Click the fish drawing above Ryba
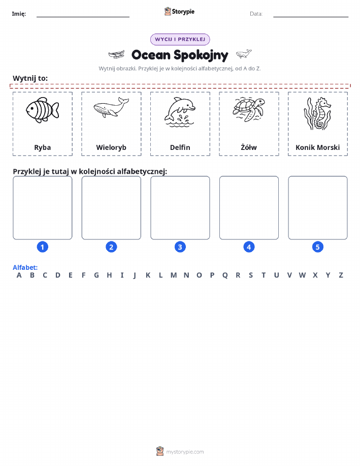click(x=43, y=110)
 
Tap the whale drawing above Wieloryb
click(x=111, y=107)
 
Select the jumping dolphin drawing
click(x=180, y=112)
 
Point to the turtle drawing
click(x=249, y=109)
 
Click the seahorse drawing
click(x=317, y=113)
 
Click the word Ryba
click(x=43, y=147)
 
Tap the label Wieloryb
click(x=111, y=147)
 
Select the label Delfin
click(x=180, y=147)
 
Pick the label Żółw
click(x=249, y=147)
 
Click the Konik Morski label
click(x=317, y=147)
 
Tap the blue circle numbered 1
click(x=43, y=247)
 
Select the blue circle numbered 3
click(x=180, y=247)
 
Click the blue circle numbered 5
click(x=317, y=247)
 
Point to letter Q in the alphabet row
click(x=225, y=275)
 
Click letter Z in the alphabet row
click(x=341, y=275)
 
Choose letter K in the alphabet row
click(x=148, y=275)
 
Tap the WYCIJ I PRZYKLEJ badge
click(x=180, y=39)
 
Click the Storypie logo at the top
click(x=179, y=12)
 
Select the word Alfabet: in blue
click(x=25, y=267)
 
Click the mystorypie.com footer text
click(x=185, y=452)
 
